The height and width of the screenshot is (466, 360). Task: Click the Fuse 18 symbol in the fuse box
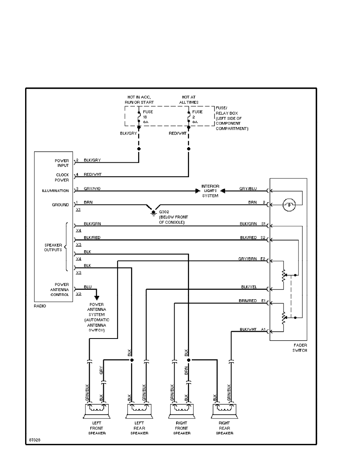(139, 116)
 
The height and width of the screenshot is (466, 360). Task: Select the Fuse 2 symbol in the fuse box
(189, 116)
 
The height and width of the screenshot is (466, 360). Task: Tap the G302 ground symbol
(153, 212)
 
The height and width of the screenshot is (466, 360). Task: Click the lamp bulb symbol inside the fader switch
(288, 204)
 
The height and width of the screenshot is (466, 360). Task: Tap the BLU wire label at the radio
(87, 287)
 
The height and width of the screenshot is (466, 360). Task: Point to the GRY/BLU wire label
(248, 189)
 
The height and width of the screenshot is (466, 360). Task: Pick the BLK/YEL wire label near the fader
(249, 287)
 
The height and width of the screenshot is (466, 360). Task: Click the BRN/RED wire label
(248, 300)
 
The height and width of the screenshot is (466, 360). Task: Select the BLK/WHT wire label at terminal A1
(248, 329)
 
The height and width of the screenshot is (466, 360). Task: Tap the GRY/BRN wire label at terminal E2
(248, 259)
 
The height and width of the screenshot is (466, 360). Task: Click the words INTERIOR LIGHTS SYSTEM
(210, 191)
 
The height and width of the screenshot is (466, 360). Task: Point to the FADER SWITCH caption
(300, 348)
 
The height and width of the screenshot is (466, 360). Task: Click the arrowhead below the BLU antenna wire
(96, 298)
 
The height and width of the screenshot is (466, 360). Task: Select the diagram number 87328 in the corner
(35, 440)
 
